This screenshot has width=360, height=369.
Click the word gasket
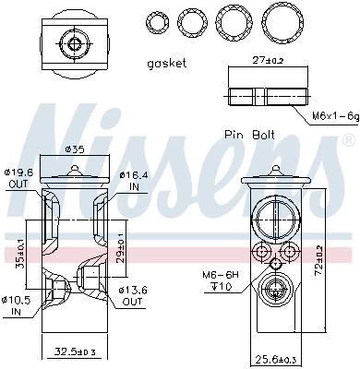167,64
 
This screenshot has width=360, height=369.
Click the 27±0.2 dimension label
268,60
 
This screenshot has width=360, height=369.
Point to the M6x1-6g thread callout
336,116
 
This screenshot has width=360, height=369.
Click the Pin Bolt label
249,135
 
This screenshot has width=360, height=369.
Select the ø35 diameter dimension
75,150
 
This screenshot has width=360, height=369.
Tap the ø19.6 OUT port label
18,178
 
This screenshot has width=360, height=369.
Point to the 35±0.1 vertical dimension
20,255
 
